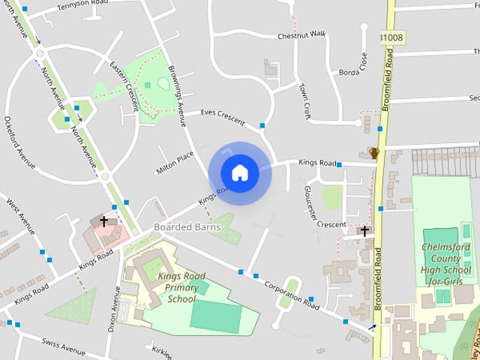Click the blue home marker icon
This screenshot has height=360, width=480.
[x=239, y=173]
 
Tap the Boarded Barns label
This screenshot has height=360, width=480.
[x=187, y=226]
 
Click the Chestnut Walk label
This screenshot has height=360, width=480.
[x=301, y=35]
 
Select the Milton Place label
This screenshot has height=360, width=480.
[x=175, y=160]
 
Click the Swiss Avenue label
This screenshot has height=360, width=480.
[x=64, y=348]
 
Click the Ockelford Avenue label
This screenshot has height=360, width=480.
[x=19, y=142]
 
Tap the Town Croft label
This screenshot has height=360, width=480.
[x=304, y=102]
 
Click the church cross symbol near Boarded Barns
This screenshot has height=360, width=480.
[x=103, y=221]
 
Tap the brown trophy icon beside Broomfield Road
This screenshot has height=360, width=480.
[x=373, y=153]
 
